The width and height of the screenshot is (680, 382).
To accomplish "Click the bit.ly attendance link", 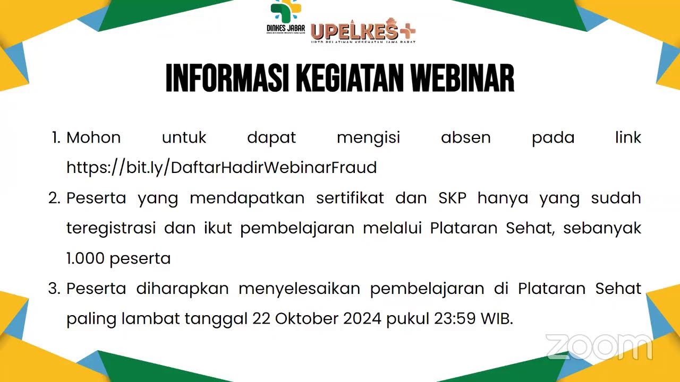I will point(222,168).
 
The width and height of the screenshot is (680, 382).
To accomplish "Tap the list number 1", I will point(56,138).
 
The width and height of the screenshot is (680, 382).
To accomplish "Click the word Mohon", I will point(93,138).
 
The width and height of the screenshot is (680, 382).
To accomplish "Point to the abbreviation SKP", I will point(453,198).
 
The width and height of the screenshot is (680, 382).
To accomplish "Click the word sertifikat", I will point(350,198).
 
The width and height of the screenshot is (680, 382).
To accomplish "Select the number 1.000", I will point(86,259).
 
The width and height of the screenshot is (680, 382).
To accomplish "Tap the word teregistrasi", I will point(111,229).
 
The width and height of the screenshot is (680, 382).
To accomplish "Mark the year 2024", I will point(362,319).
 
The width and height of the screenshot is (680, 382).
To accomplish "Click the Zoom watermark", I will point(599,348).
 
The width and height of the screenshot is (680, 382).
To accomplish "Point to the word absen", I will point(465,138).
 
